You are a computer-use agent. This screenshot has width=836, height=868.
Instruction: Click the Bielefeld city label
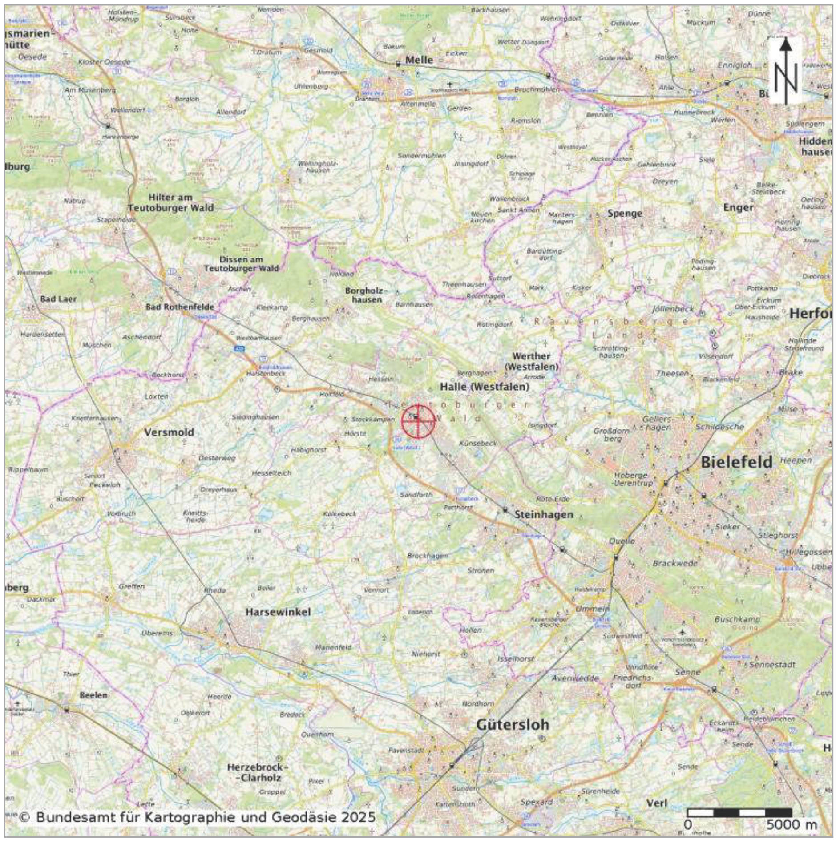click(736, 462)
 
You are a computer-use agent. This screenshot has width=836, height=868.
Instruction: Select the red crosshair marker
click(418, 421)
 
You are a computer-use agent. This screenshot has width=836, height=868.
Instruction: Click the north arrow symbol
click(785, 71)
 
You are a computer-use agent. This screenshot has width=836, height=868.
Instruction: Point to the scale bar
click(739, 812)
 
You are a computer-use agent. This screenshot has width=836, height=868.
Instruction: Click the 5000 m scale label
click(791, 825)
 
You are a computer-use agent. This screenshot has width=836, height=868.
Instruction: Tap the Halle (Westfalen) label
click(485, 387)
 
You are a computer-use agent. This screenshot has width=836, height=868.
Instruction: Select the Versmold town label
click(169, 432)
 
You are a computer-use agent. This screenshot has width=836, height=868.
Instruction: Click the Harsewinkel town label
click(278, 612)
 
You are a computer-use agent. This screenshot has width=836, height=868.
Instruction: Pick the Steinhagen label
click(544, 515)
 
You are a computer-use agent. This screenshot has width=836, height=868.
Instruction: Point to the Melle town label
click(419, 60)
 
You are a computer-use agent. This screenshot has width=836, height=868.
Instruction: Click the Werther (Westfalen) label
click(531, 361)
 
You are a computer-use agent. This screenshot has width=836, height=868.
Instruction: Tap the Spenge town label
click(625, 213)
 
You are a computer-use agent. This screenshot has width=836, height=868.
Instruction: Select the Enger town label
click(738, 207)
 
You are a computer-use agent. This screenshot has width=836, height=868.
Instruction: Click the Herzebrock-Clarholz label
click(258, 772)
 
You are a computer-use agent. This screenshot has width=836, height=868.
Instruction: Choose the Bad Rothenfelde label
click(180, 307)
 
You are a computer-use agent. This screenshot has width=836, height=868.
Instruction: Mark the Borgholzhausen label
click(367, 295)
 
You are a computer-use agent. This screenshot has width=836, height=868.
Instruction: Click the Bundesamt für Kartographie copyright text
click(197, 817)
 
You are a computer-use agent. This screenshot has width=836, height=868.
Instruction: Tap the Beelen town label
click(93, 695)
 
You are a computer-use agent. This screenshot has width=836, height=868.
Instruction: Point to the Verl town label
click(657, 803)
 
